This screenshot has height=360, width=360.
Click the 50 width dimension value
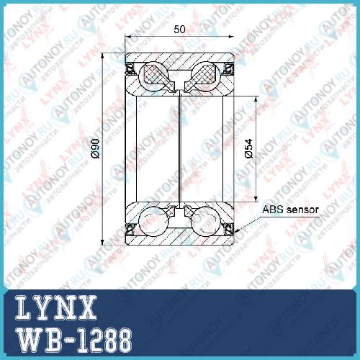click(x=179, y=30)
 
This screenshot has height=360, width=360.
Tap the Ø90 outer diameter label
click(x=96, y=148)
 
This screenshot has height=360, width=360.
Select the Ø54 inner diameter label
click(x=249, y=148)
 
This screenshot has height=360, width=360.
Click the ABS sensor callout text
click(x=290, y=210)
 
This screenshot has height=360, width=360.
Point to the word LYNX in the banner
click(x=56, y=307)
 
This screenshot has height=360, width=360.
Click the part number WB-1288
click(x=74, y=341)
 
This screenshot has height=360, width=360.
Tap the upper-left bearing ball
click(x=153, y=77)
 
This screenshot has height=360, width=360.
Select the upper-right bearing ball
click(x=206, y=77)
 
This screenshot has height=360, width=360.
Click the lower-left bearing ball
click(x=153, y=221)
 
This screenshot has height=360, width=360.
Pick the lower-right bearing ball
click(x=206, y=221)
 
